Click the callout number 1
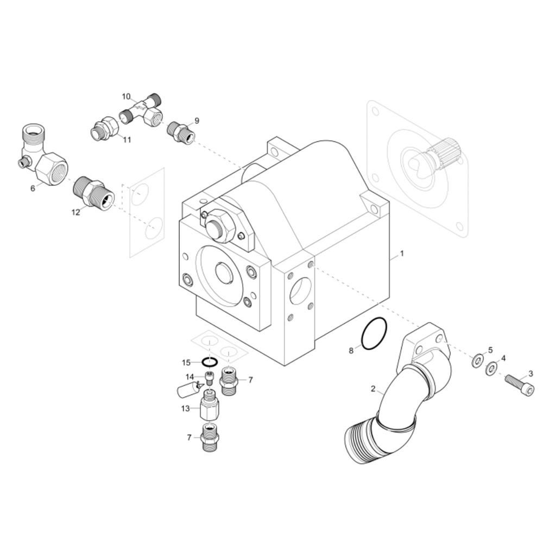pos(402,253)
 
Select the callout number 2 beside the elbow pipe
pos(373,389)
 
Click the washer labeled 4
pos(491,368)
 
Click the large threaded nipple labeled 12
pos(92,191)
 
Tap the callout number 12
pos(75,212)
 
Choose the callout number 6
pos(33,188)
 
